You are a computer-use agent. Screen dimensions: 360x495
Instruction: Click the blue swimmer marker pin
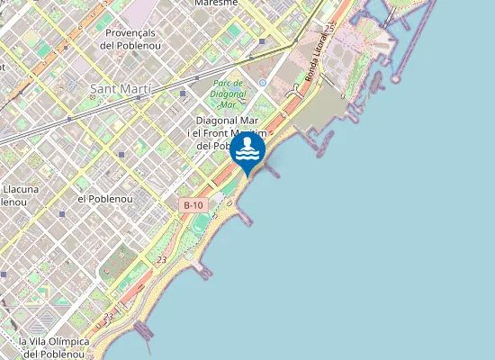pos(247,148)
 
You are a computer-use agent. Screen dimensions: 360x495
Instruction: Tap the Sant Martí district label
pos(121,89)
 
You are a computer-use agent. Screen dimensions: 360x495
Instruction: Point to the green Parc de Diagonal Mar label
pos(228,94)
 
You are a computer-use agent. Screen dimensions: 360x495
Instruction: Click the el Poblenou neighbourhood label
pos(105,198)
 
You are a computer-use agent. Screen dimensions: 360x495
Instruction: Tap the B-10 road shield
pos(193,205)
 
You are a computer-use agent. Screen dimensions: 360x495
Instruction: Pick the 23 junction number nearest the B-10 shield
pos(161,260)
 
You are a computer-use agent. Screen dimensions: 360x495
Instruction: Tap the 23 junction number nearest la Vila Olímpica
pos(109,317)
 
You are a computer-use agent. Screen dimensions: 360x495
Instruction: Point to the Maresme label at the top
pos(216,3)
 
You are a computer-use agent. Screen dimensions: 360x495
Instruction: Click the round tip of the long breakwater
pos(395,79)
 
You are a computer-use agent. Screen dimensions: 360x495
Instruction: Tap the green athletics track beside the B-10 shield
pos(202,223)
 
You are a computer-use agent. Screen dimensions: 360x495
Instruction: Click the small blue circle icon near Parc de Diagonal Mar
pos(262,82)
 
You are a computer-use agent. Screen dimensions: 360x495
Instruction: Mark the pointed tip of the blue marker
pos(247,175)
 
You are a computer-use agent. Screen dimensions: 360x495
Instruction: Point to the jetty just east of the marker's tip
pos(271,172)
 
